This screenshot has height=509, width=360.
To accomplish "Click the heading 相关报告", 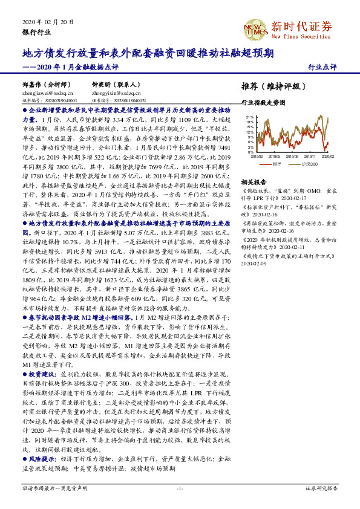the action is pos(254,181).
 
